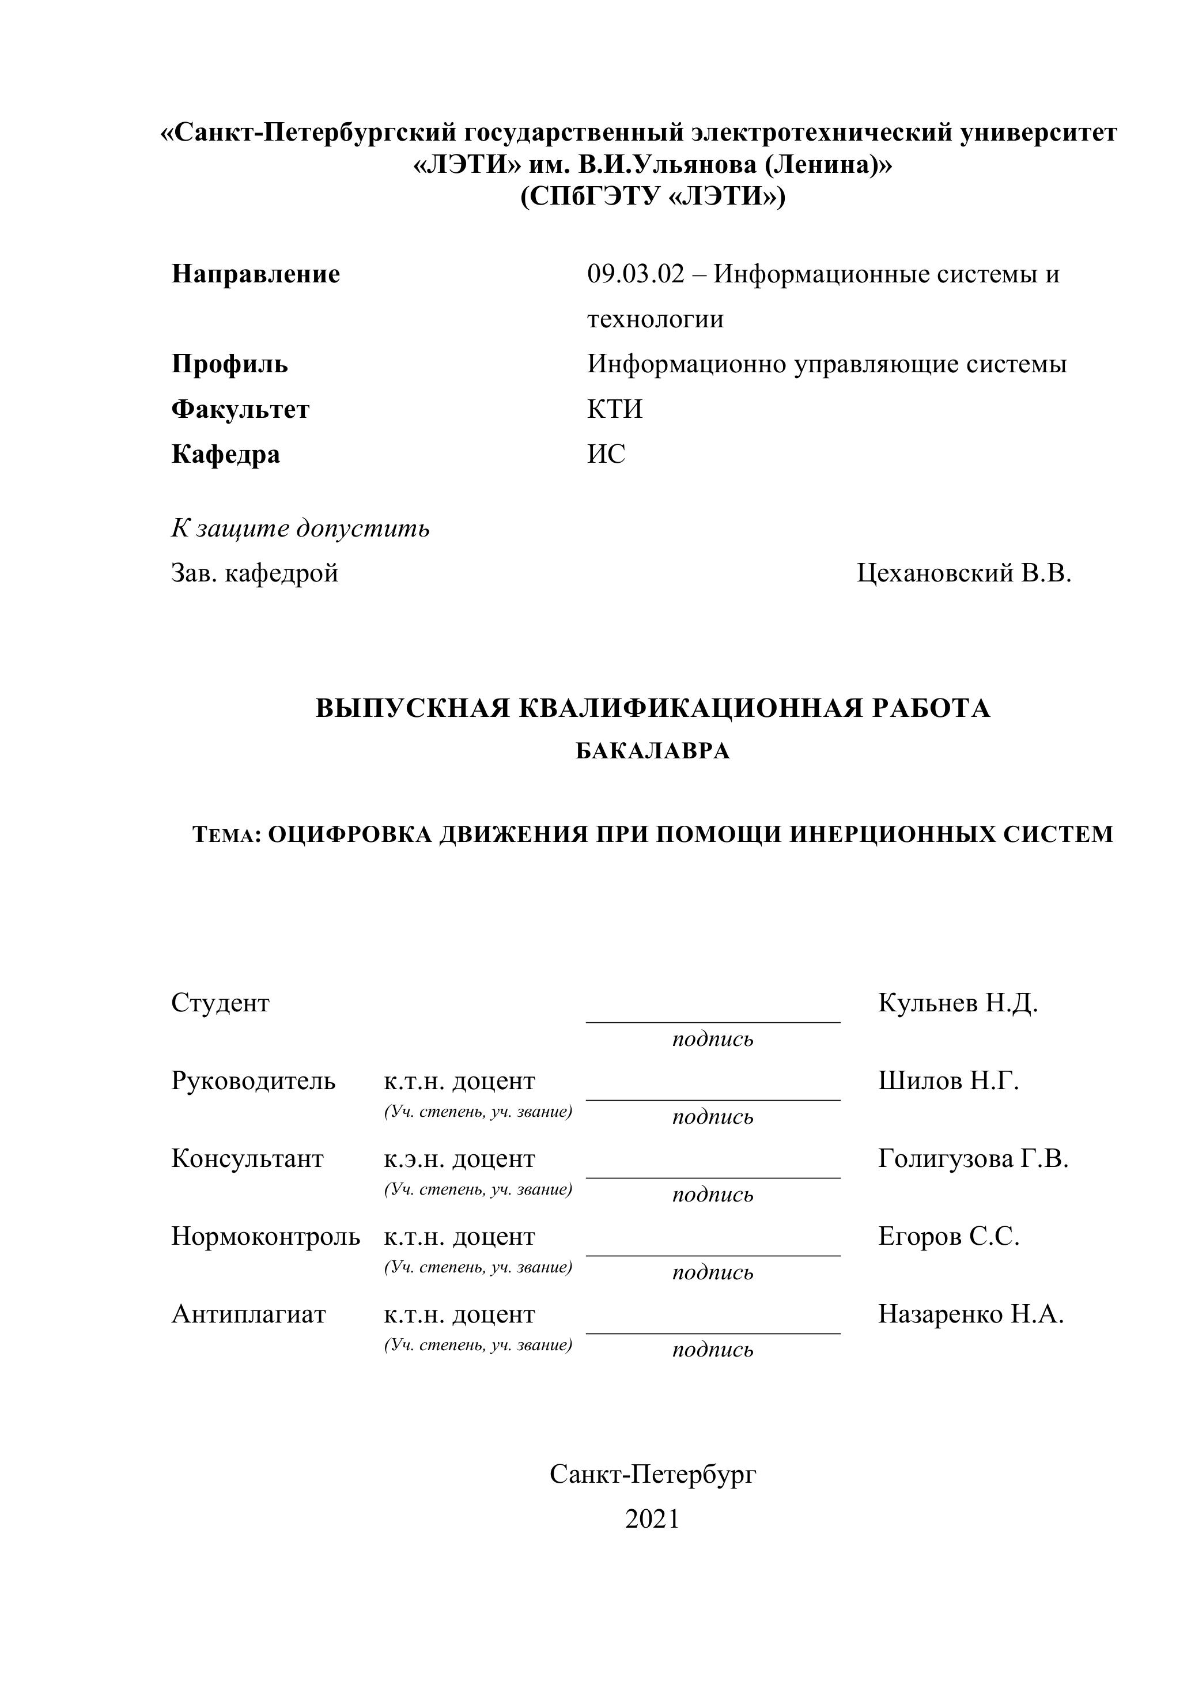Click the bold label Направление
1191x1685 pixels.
[x=255, y=274]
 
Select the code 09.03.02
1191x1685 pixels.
[x=636, y=274]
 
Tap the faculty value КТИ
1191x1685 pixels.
[x=614, y=409]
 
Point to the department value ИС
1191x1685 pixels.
[x=606, y=454]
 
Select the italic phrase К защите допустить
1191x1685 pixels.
[x=300, y=528]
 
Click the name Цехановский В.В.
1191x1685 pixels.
[x=963, y=573]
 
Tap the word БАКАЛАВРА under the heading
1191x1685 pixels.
[x=652, y=751]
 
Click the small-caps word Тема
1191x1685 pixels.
[x=225, y=834]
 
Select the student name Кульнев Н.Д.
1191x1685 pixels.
[x=958, y=1003]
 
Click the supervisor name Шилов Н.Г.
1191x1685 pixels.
[x=948, y=1081]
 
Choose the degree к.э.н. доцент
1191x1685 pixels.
[x=459, y=1159]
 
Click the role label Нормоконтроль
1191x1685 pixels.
[x=266, y=1237]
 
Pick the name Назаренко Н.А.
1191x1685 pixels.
[x=971, y=1314]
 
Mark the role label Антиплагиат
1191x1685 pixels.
[x=248, y=1314]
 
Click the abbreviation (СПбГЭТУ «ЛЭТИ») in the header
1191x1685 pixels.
[x=652, y=197]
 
